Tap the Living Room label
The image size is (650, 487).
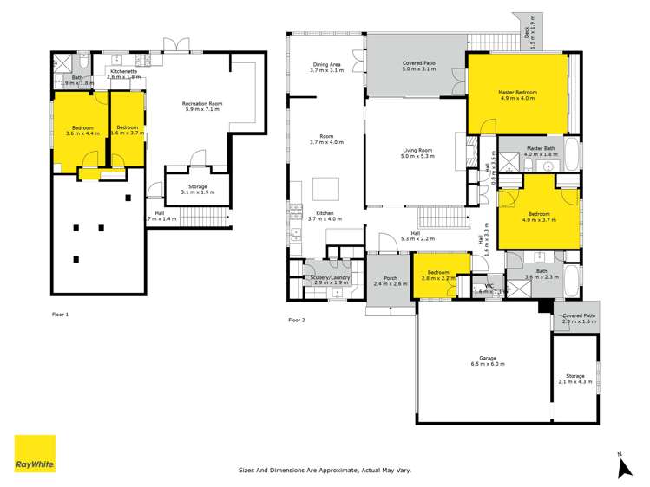click(417, 153)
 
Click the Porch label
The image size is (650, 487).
click(390, 280)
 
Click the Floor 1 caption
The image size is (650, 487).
click(60, 314)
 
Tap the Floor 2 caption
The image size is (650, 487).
click(297, 320)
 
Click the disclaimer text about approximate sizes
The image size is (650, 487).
click(325, 471)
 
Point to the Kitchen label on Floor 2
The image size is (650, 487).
click(325, 215)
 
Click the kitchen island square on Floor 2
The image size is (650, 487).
click(327, 188)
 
